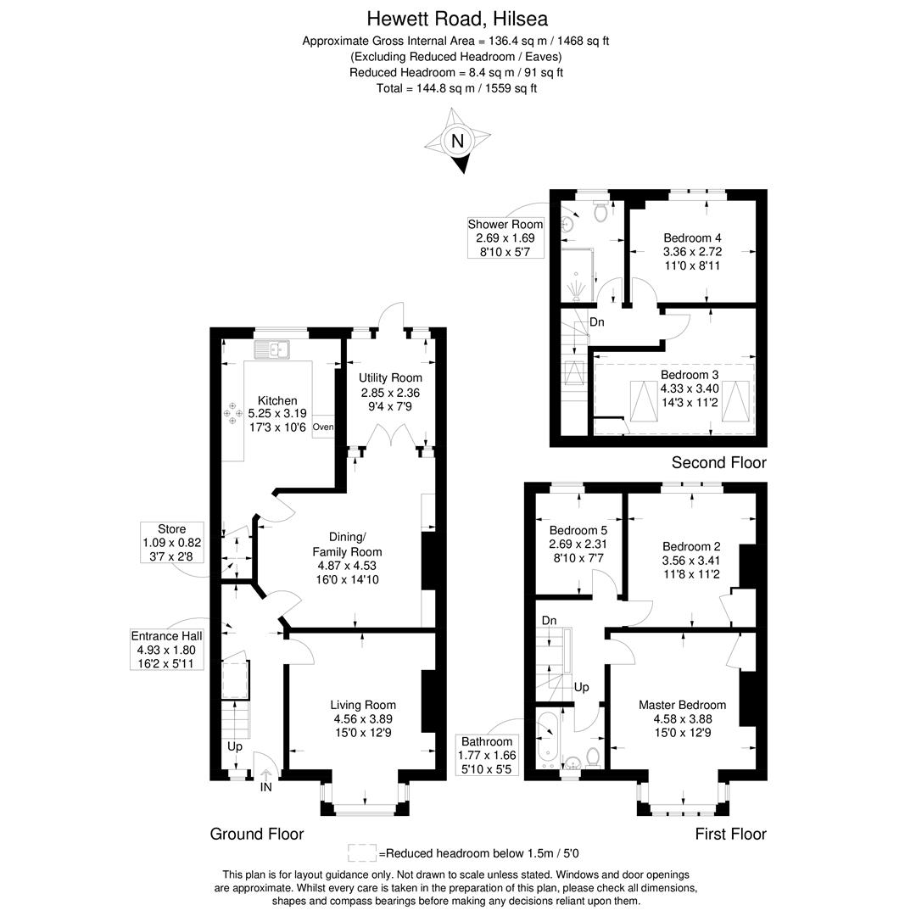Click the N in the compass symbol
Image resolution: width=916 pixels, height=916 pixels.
point(457,141)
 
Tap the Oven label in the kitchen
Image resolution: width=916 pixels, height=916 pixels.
point(323,427)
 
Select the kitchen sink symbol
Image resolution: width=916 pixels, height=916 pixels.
point(272,349)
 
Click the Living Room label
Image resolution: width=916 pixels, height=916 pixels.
point(363,705)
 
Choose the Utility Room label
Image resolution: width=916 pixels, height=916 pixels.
point(390,378)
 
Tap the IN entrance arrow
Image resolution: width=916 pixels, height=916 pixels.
point(265,774)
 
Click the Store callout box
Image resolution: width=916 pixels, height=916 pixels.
point(171,543)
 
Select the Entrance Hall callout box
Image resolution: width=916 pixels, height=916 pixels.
point(166,650)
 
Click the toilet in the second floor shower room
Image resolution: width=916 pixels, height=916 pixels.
point(600,210)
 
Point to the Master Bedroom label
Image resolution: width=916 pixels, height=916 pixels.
point(682,705)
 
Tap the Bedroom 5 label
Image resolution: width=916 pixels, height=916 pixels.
point(578,530)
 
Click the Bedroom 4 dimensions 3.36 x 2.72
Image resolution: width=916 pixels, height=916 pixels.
point(692,252)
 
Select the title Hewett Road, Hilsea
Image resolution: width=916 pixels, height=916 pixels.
point(457,20)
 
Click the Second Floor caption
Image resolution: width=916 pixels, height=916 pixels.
point(718,463)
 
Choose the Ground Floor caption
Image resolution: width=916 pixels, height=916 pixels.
point(257,834)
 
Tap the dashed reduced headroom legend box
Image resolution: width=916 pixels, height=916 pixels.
point(362,853)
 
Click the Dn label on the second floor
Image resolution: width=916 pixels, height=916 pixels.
point(596,322)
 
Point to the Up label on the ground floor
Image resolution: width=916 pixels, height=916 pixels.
point(234,747)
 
